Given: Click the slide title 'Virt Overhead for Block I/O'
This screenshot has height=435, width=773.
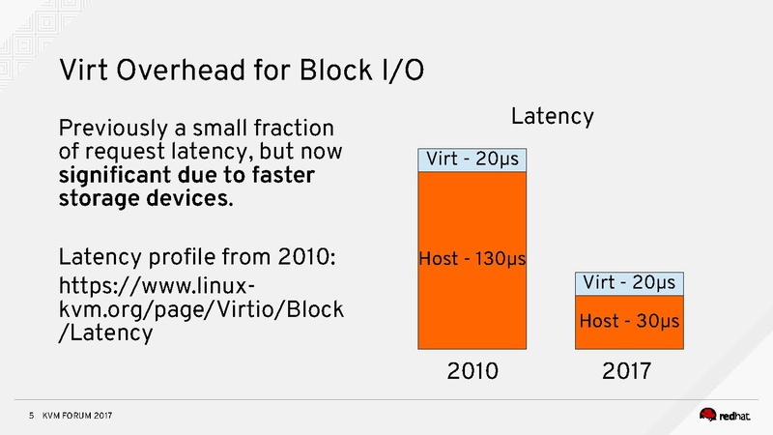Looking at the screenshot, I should pos(241,71).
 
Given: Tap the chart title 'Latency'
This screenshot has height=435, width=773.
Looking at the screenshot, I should pos(552,117).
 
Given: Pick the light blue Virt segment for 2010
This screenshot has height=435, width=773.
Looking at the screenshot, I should pos(472,158).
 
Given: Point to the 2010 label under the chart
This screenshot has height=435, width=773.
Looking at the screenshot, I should pos(472,371).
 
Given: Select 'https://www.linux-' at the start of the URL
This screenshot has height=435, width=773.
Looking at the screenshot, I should pos(157,287).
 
